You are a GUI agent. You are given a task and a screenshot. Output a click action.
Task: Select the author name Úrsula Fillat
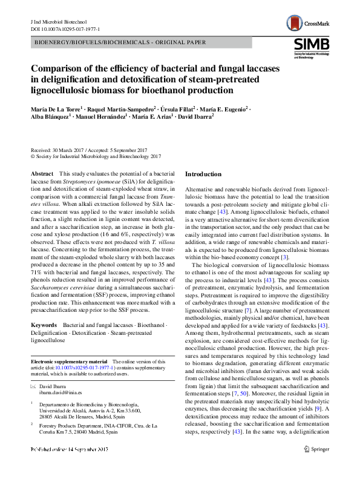pyautogui.click(x=183, y=108)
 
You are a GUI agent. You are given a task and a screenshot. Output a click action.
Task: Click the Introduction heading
pyautogui.click(x=203, y=174)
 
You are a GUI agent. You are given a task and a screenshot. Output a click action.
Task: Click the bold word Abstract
pyautogui.click(x=42, y=174)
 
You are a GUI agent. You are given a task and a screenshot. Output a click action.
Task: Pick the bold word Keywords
pyautogui.click(x=44, y=325)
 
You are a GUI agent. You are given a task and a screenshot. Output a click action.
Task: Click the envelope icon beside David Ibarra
pyautogui.click(x=34, y=386)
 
